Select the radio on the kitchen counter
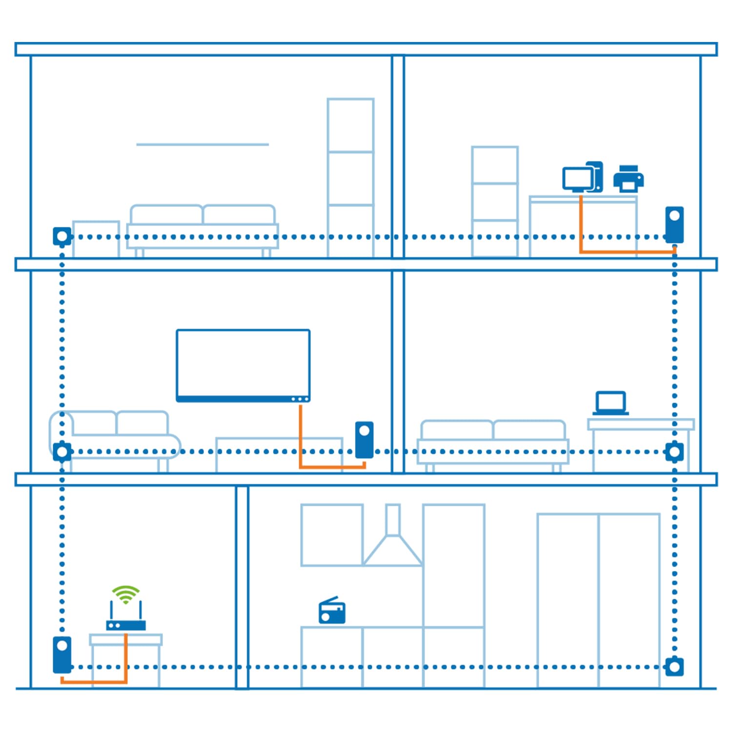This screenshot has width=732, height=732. [332, 611]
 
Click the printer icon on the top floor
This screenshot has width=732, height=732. [628, 179]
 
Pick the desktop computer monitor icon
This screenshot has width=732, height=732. [578, 179]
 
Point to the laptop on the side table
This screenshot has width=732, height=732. [610, 403]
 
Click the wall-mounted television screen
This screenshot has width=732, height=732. [243, 364]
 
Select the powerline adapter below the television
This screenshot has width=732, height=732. [364, 440]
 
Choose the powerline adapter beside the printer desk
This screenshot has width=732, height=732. [674, 224]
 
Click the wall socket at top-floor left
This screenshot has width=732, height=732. [62, 237]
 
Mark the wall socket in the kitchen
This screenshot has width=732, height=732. [674, 667]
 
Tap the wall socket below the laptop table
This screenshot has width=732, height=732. [674, 452]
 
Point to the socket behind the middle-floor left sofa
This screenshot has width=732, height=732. [62, 452]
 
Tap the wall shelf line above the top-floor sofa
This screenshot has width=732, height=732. [203, 144]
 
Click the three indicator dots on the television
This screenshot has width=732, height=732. [300, 399]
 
